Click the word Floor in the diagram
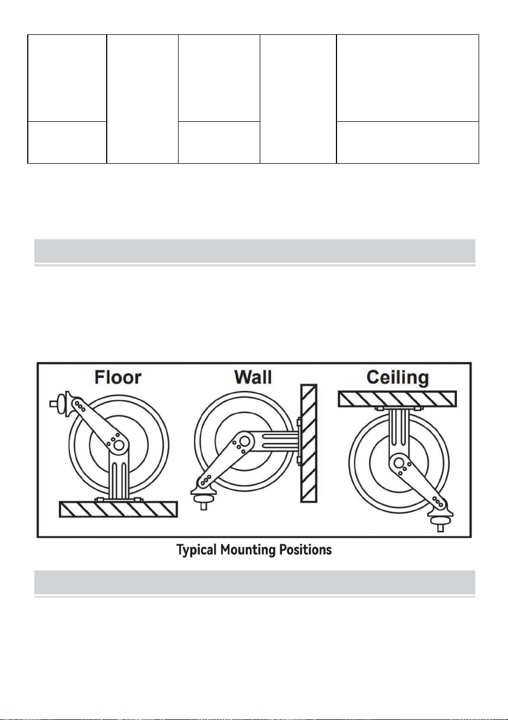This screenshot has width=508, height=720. tap(118, 377)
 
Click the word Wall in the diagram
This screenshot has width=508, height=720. tap(253, 377)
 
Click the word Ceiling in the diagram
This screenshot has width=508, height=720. tap(397, 378)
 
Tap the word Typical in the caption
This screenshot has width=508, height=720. tap(197, 550)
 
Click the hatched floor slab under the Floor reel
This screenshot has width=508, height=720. tap(118, 509)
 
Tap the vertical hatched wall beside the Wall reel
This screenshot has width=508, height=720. tap(309, 443)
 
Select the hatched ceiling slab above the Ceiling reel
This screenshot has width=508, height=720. tap(397, 399)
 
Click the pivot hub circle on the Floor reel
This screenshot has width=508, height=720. tap(119, 445)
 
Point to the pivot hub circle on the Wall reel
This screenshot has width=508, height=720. tap(244, 441)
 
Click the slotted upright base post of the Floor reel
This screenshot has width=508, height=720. tap(119, 479)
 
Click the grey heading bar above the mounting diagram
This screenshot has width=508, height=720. tap(255, 251)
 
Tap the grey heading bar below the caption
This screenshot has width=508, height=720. tap(255, 582)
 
